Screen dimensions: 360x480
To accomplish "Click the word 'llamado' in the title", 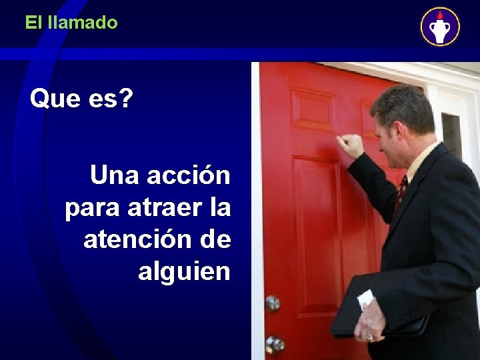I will pos(83,23).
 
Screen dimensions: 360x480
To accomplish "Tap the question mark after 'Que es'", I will pos(125,100).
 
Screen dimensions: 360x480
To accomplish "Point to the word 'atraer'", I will pos(162,207).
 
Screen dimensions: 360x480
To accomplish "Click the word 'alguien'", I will pos(184,271).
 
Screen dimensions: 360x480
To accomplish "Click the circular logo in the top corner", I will pos(439,27).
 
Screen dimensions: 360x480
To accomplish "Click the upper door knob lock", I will pos(272,303).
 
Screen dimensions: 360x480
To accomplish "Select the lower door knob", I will pos(274,344).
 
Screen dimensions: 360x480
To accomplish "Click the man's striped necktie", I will pos(401,192).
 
